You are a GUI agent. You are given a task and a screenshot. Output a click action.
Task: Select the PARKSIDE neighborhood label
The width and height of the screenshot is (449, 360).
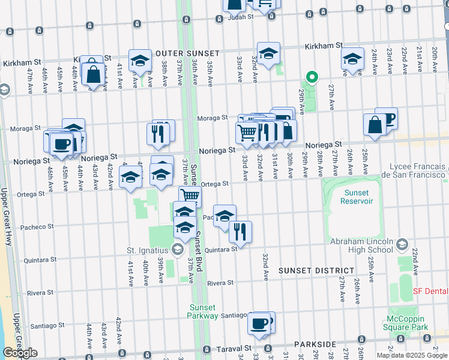pyautogui.click(x=316, y=344)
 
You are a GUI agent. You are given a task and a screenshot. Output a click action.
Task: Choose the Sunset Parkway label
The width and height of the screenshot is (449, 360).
pyautogui.click(x=206, y=311)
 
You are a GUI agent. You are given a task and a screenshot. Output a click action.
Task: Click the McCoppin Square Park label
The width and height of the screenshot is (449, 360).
pyautogui.click(x=406, y=323)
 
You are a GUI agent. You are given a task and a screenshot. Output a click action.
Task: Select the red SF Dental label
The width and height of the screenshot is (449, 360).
pyautogui.click(x=430, y=291)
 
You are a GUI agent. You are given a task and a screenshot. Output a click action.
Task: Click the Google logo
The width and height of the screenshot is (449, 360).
pyautogui.click(x=20, y=353)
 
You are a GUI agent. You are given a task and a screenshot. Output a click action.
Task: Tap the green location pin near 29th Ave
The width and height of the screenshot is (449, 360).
pyautogui.click(x=312, y=77)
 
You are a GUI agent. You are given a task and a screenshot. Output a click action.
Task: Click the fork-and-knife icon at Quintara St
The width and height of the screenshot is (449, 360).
pyautogui.click(x=240, y=232)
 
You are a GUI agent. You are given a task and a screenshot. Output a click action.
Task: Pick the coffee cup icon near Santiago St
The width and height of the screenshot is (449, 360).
pyautogui.click(x=259, y=323)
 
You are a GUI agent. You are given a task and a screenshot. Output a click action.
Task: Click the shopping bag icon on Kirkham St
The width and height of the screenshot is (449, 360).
pyautogui.click(x=94, y=76)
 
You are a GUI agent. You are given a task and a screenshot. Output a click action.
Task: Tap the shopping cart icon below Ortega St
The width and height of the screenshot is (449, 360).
pyautogui.click(x=190, y=196)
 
